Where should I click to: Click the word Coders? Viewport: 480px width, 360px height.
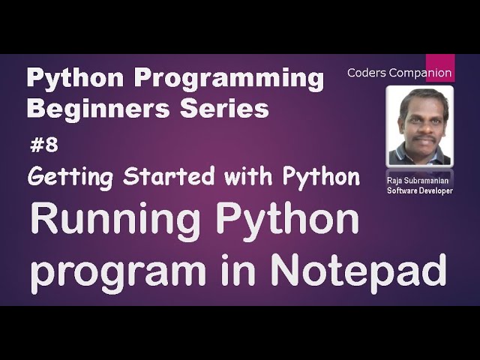pyautogui.click(x=367, y=73)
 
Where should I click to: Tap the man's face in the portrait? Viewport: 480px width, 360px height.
pyautogui.click(x=419, y=120)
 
